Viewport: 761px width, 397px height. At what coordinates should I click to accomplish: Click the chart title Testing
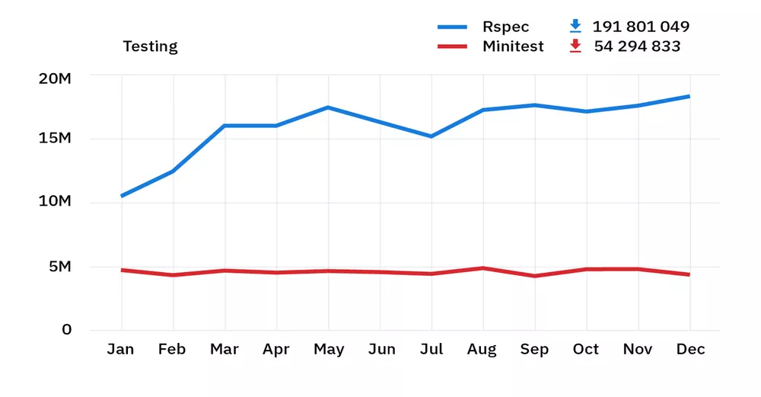point(150,46)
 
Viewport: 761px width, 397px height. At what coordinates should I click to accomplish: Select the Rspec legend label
point(505,27)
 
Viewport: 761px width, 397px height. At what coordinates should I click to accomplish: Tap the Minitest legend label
point(513,46)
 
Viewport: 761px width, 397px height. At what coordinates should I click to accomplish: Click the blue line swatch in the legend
point(452,27)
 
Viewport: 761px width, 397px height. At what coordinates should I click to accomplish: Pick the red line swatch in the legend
point(452,46)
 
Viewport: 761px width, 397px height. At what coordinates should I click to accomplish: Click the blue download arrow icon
point(575,27)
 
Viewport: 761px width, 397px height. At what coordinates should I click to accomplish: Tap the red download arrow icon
point(575,46)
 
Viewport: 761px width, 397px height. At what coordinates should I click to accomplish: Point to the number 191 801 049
point(641,27)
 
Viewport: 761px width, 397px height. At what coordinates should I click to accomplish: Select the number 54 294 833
point(637,46)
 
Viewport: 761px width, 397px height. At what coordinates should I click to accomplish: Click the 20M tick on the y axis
point(56,78)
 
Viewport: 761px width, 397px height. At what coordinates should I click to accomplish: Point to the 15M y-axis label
point(56,139)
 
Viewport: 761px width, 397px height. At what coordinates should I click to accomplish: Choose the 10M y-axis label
point(56,202)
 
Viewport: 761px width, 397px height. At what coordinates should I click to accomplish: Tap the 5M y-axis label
point(59,267)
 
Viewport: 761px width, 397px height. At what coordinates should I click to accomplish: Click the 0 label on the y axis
point(67,330)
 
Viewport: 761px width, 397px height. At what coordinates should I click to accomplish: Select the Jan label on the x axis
point(120,350)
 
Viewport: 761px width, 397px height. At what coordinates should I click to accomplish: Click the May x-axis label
point(329,350)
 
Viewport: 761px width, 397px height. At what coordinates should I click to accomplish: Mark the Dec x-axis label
point(690,350)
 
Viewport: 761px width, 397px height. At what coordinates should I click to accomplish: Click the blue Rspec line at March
point(224,126)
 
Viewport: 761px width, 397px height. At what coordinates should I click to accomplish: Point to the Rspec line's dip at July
point(431,136)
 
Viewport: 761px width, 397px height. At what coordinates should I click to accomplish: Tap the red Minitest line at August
point(482,268)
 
